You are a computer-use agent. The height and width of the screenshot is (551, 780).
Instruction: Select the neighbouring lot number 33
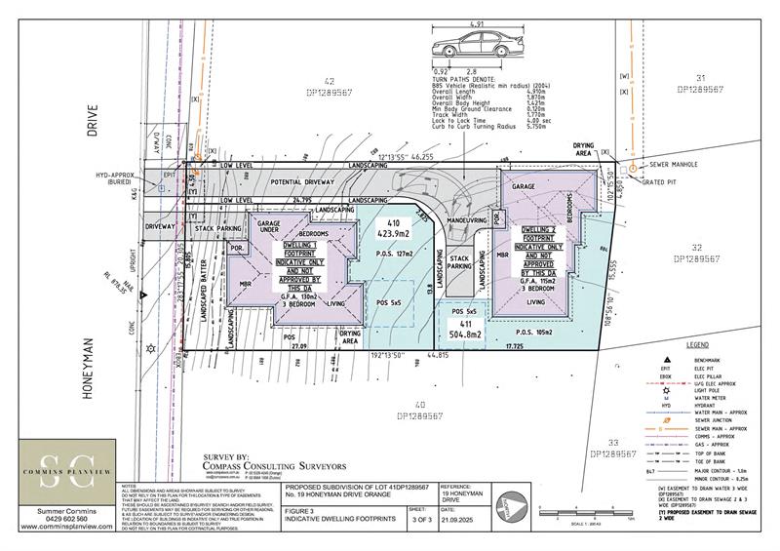point(614,444)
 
